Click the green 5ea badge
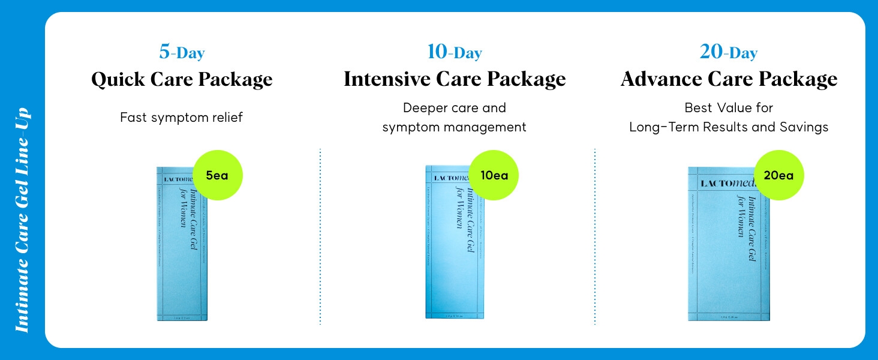click(x=217, y=175)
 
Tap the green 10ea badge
click(x=494, y=175)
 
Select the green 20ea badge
click(x=778, y=175)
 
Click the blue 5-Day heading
click(x=182, y=53)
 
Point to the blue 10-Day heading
click(x=454, y=53)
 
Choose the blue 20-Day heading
click(x=728, y=53)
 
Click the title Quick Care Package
click(x=182, y=80)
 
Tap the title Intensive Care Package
click(x=455, y=80)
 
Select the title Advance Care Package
click(x=729, y=80)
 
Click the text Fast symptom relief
click(x=181, y=118)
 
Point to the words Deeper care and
click(x=454, y=108)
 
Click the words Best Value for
click(x=729, y=108)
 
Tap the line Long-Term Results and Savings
click(x=729, y=127)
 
